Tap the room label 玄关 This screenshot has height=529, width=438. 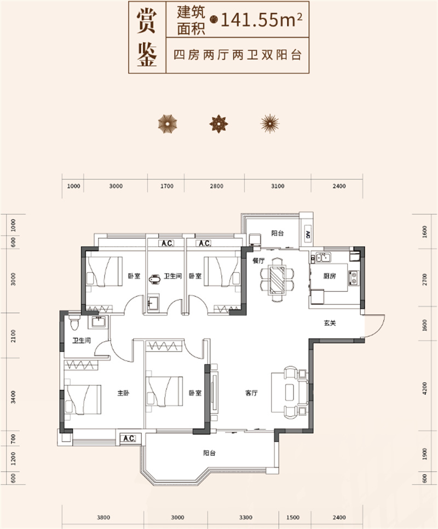click(x=329, y=323)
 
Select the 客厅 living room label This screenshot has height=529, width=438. click(x=251, y=393)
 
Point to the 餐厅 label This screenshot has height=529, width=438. click(x=258, y=261)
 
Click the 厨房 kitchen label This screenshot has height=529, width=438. click(x=329, y=277)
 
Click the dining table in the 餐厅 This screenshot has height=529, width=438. click(x=278, y=279)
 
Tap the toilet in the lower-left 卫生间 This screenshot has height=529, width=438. click(x=75, y=324)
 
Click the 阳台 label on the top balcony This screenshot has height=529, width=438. click(x=278, y=233)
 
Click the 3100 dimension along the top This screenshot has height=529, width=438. click(x=278, y=186)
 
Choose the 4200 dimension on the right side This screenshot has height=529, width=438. click(x=424, y=389)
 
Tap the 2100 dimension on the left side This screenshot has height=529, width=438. click(x=13, y=335)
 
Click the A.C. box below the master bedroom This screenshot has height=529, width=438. click(x=130, y=438)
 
